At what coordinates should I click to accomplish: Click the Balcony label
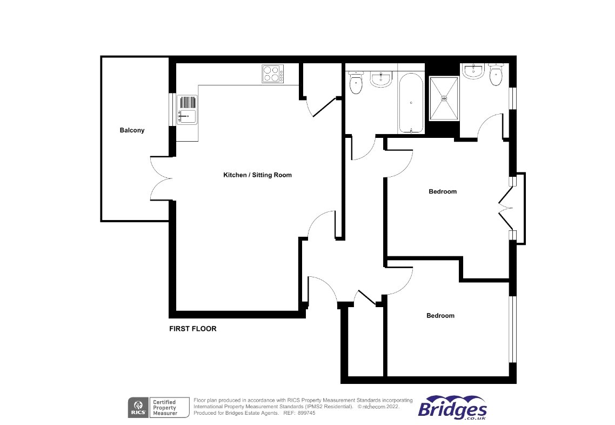[132, 130]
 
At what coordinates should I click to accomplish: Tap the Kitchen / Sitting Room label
[257, 175]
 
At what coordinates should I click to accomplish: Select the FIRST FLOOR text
[192, 329]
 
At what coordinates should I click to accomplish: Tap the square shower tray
[444, 98]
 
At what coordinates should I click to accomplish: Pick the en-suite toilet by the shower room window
[496, 75]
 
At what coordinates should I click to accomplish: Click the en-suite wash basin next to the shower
[473, 71]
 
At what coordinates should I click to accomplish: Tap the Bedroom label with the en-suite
[443, 191]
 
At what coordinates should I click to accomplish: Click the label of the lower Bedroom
[440, 316]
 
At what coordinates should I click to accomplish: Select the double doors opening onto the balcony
[160, 178]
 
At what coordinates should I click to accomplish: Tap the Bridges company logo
[452, 407]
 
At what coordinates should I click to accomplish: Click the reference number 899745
[306, 413]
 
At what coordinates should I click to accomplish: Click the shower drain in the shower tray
[444, 98]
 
